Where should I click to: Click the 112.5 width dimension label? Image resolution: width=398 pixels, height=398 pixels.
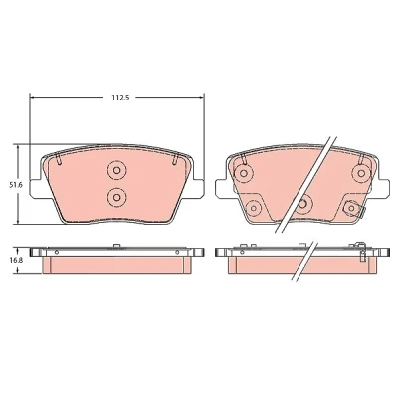pyautogui.click(x=119, y=98)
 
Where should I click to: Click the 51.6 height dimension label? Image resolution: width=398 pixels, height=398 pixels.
pyautogui.click(x=15, y=185)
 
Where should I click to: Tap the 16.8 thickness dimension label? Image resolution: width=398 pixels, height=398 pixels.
pyautogui.click(x=15, y=260)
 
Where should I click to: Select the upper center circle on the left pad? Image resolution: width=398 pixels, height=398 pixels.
pyautogui.click(x=116, y=170)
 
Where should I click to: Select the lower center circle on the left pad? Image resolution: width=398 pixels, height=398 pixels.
pyautogui.click(x=116, y=197)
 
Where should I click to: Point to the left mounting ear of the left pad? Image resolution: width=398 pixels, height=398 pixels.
pyautogui.click(x=36, y=189)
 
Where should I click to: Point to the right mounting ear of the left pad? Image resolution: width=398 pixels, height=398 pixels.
pyautogui.click(x=198, y=189)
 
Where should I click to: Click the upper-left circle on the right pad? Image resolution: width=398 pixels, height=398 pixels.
pyautogui.click(x=244, y=173)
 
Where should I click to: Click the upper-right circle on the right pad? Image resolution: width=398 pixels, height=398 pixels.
pyautogui.click(x=361, y=173)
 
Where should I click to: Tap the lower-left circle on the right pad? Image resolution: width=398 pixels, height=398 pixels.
pyautogui.click(x=254, y=208)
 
